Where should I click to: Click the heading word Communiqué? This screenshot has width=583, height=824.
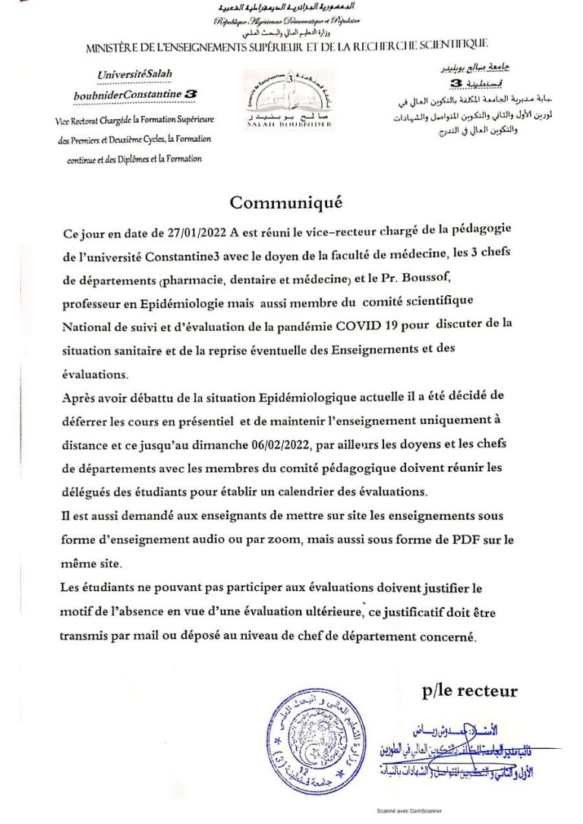286,203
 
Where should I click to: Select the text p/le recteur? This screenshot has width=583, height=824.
470,690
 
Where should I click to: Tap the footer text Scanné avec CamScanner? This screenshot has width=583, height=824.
410,810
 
